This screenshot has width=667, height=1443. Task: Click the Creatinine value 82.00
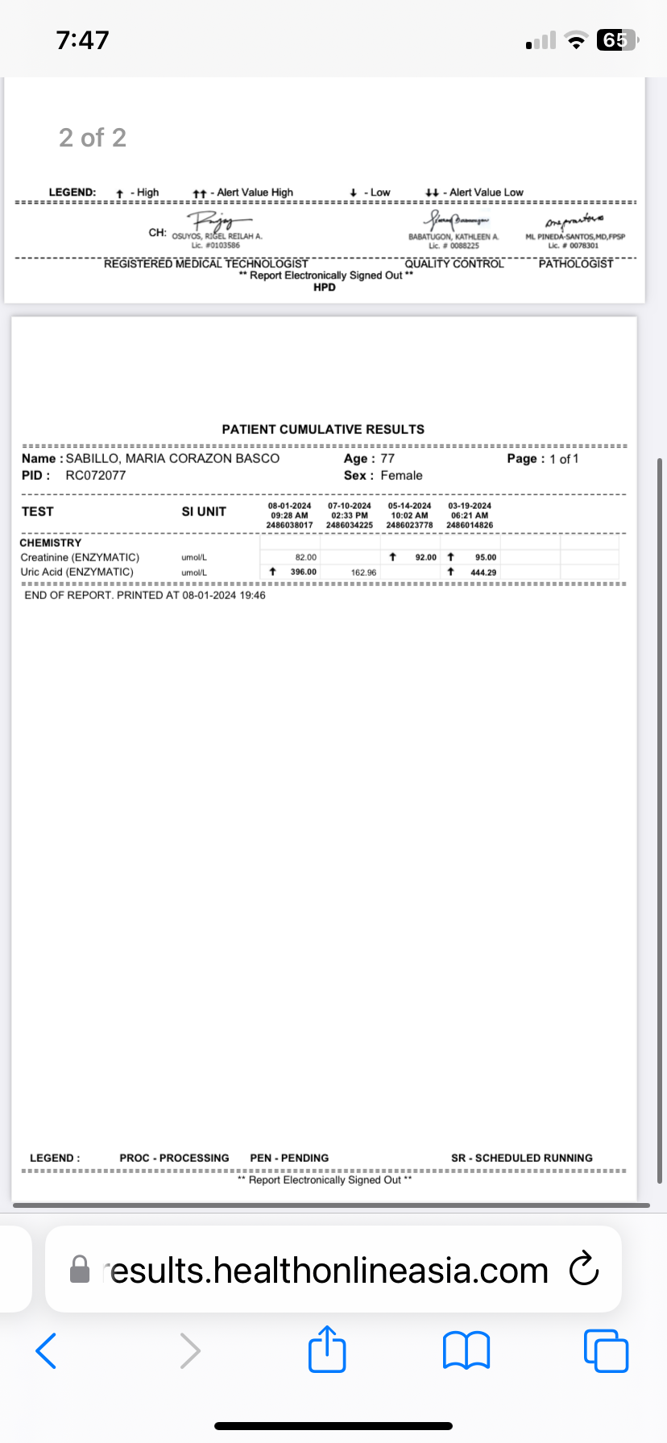click(305, 557)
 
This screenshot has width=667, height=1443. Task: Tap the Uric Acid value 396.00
click(303, 572)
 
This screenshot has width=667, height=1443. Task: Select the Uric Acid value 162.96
click(363, 573)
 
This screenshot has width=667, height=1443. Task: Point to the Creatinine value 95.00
click(485, 557)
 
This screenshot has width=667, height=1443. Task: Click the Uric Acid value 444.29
click(483, 573)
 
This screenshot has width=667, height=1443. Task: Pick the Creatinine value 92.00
click(425, 557)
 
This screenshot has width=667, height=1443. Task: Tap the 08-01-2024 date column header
click(289, 506)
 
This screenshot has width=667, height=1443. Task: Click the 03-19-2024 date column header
click(470, 506)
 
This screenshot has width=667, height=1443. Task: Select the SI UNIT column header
click(204, 511)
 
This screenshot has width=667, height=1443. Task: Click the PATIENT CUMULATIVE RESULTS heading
click(323, 429)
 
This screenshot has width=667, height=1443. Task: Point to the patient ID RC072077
click(95, 475)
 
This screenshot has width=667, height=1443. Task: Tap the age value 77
click(387, 458)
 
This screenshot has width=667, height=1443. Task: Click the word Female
click(401, 475)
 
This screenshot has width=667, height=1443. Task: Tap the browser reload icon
click(583, 1270)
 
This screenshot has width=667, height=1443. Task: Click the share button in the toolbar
click(327, 1350)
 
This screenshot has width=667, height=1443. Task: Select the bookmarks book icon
click(466, 1350)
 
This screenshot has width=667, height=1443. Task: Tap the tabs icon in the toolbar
click(606, 1350)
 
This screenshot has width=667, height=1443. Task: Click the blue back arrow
click(47, 1350)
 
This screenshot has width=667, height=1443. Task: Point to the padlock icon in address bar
click(80, 1270)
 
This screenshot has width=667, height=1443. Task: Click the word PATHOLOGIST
click(575, 263)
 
